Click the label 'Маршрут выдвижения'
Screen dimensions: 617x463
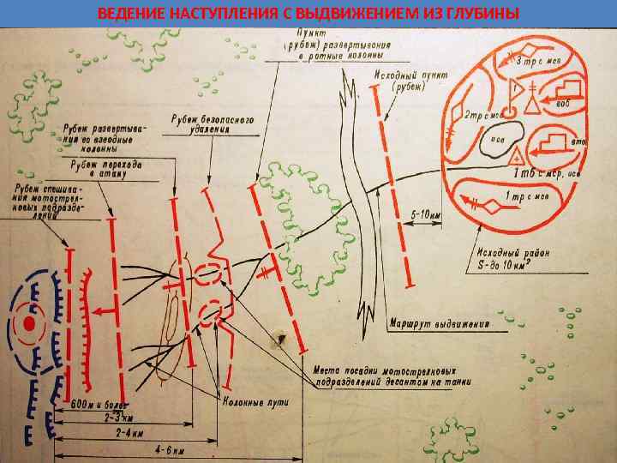(437, 325)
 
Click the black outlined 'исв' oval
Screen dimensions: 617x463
(497, 138)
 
